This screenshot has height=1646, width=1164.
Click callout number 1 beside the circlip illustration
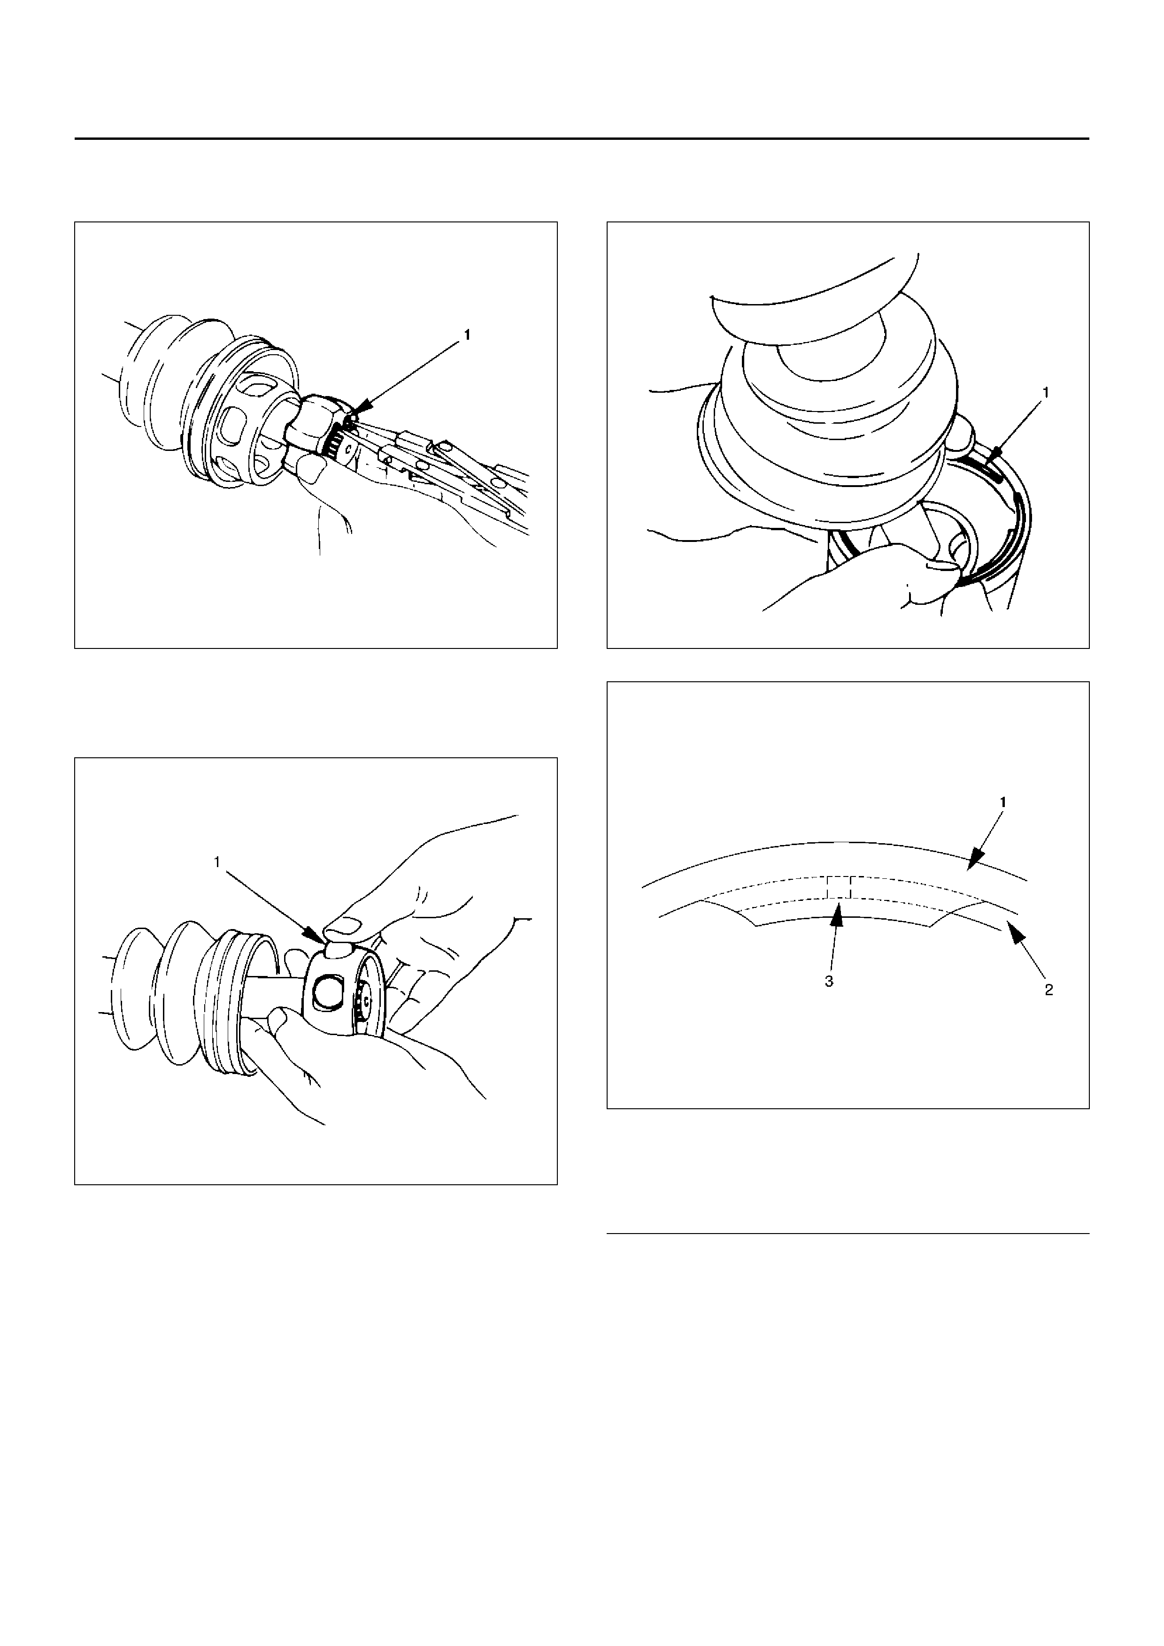(x=1046, y=392)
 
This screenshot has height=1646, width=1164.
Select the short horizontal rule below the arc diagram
(x=848, y=1234)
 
